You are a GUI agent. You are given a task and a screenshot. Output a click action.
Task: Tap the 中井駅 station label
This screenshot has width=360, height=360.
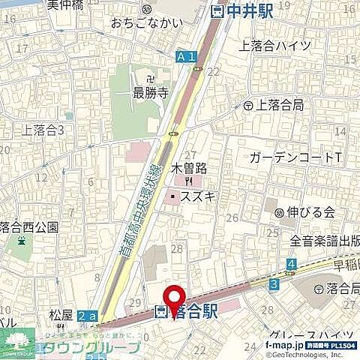(x=241, y=11)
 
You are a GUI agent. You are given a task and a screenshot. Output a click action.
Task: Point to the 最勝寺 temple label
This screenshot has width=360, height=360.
(x=148, y=93)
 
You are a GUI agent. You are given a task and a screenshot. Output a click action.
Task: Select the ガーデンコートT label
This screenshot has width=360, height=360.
(x=295, y=157)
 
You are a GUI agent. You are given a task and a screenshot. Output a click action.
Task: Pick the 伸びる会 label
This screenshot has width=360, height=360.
(x=310, y=212)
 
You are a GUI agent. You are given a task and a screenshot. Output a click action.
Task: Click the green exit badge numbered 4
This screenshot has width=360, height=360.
(x=290, y=264)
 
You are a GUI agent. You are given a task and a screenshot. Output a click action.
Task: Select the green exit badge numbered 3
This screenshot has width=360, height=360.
(x=274, y=283)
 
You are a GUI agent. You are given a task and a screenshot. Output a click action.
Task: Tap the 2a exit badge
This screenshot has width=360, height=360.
(x=88, y=317)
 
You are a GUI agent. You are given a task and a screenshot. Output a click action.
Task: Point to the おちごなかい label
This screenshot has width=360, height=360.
(x=147, y=23)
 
